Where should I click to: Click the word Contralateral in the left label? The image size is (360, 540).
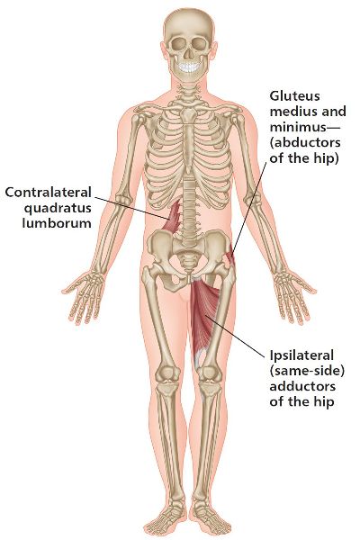(48, 192)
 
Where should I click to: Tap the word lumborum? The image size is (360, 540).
(57, 223)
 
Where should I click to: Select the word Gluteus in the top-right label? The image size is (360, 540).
(294, 95)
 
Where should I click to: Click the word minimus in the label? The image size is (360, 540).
(298, 127)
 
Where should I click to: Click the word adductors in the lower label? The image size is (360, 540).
(302, 386)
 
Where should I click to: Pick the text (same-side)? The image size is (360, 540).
(307, 371)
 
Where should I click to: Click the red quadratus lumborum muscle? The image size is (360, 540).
(172, 219)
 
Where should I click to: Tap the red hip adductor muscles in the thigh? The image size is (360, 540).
(204, 317)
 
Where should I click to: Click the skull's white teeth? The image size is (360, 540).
(188, 67)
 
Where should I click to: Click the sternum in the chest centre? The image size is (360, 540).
(188, 138)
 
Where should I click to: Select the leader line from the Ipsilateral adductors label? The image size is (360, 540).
(236, 334)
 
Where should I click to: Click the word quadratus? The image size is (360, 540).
(58, 208)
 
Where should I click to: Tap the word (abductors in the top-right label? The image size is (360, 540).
(305, 142)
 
